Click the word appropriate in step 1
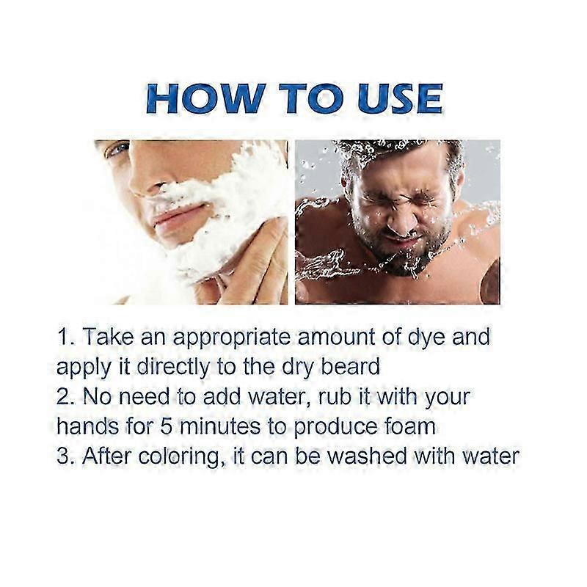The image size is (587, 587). pos(231,338)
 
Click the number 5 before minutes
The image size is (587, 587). pos(166,427)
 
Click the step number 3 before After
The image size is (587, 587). pos(62,456)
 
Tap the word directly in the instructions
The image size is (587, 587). pos(174,368)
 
